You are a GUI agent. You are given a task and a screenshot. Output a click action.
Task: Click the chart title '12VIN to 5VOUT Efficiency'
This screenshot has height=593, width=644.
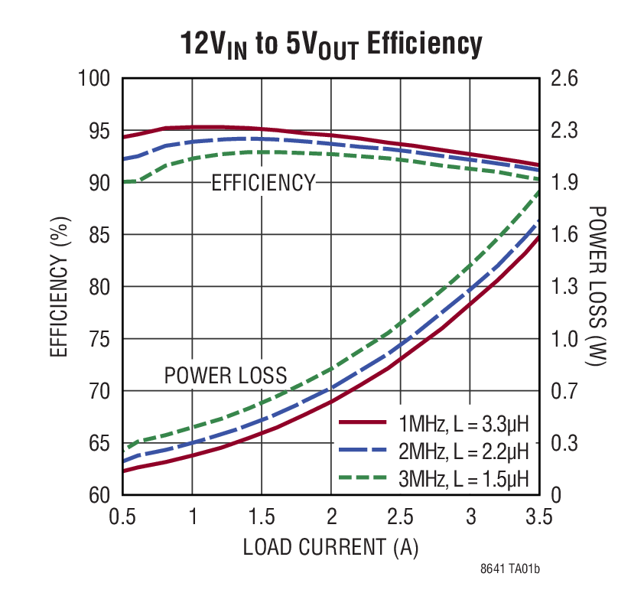331,44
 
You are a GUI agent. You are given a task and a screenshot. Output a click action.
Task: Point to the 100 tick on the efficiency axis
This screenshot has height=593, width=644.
95,79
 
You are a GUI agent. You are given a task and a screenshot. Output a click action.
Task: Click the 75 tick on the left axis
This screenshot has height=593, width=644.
100,339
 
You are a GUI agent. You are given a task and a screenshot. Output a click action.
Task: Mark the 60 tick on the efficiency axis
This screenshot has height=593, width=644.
100,495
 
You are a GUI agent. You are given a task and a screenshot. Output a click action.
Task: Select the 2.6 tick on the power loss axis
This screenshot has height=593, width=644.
564,79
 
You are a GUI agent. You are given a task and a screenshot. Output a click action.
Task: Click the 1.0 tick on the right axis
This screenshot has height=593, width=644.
564,339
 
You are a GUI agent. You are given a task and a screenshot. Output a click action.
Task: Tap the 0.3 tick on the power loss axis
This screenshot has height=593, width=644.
564,443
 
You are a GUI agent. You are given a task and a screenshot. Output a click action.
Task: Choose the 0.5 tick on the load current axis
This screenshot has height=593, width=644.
122,517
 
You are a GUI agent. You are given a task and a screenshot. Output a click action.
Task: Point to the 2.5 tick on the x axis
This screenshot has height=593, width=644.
400,517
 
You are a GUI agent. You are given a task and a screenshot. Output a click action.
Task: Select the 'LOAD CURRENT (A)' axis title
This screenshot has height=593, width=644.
330,547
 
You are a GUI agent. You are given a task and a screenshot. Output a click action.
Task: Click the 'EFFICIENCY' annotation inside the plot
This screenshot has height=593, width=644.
262,183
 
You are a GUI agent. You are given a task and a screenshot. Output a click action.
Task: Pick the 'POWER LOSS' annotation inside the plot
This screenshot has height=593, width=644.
226,376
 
